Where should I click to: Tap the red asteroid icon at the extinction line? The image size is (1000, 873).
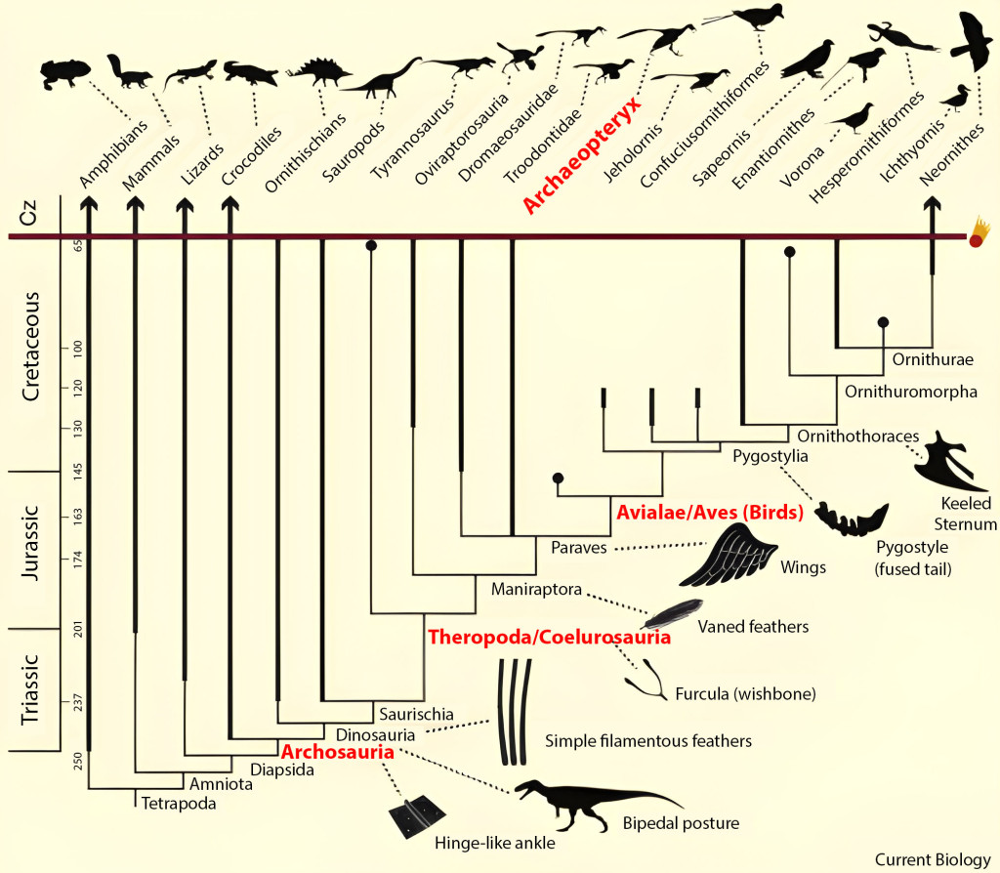pyautogui.click(x=979, y=237)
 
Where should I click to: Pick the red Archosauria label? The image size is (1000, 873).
pyautogui.click(x=338, y=753)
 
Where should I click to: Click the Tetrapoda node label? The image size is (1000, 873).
pyautogui.click(x=178, y=804)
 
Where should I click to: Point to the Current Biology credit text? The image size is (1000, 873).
pyautogui.click(x=932, y=859)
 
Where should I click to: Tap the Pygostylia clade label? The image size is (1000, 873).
pyautogui.click(x=770, y=455)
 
